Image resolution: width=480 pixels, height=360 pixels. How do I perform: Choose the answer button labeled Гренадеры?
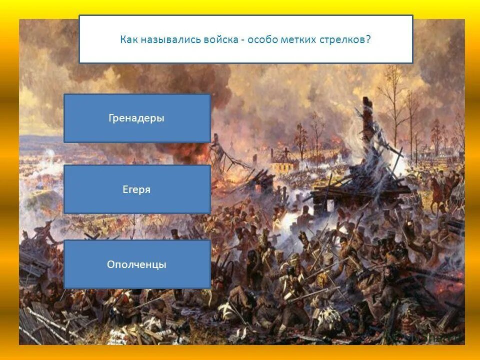point(137,118)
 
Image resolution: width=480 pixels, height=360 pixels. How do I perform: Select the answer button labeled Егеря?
point(137,189)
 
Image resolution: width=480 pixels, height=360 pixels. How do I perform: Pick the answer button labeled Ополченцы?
point(137,264)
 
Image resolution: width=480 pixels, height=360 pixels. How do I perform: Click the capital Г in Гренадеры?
point(111,118)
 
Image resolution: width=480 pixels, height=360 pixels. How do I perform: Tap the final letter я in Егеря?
point(148,190)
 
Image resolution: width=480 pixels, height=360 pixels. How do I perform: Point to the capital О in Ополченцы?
point(110,264)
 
